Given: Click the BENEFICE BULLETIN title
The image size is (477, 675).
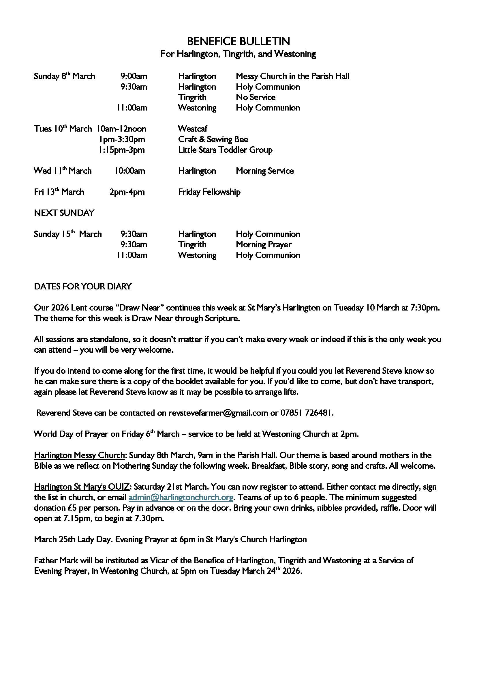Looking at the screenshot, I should (x=238, y=41).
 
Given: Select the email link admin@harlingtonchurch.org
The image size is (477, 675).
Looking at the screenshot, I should (x=181, y=497).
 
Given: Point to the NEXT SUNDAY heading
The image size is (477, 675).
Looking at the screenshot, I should (x=64, y=213).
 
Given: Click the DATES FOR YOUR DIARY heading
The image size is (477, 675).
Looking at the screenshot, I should (x=83, y=286).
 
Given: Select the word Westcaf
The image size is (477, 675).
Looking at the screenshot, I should (x=192, y=128).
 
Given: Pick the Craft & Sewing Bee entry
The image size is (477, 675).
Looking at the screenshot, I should (x=213, y=139).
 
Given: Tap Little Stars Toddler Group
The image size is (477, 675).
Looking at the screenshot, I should (x=225, y=150).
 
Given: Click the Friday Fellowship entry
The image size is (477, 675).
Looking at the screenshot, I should (x=209, y=192).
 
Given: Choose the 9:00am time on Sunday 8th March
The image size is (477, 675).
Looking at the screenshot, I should (x=134, y=76).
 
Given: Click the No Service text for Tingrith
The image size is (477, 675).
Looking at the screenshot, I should (x=256, y=97).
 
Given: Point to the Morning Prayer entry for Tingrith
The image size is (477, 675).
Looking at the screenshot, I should (x=264, y=245).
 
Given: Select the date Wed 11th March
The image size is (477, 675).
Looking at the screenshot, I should (x=63, y=171).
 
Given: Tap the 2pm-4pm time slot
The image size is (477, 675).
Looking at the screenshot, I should (x=127, y=192).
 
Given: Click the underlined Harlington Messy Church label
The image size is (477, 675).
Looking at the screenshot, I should (x=79, y=455).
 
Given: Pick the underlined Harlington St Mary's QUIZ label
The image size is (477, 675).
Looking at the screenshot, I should (x=81, y=487).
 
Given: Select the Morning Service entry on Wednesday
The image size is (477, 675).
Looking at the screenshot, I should (x=265, y=171).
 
